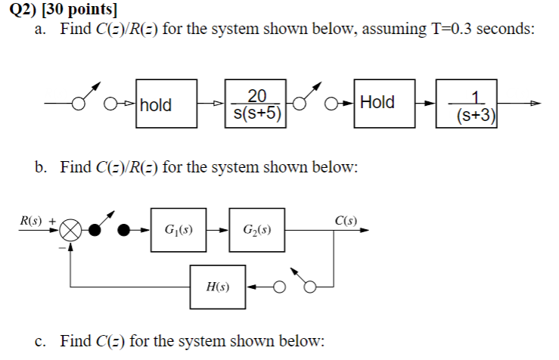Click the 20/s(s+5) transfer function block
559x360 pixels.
pyautogui.click(x=256, y=104)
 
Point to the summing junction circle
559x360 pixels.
pyautogui.click(x=72, y=228)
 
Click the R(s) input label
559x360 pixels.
pyautogui.click(x=31, y=221)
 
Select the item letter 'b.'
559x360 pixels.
pyautogui.click(x=42, y=167)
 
